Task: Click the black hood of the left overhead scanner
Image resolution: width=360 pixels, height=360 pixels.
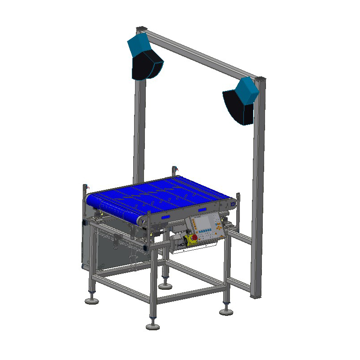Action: [147, 65]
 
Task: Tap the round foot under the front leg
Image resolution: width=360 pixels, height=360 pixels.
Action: [153, 325]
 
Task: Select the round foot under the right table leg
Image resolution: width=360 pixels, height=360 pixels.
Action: [226, 311]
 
